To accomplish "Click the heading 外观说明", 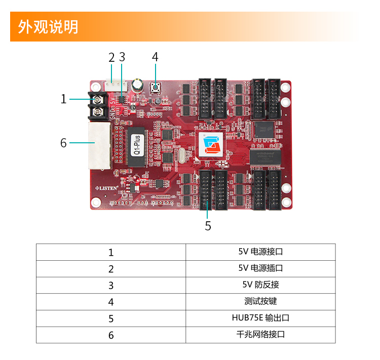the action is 49,27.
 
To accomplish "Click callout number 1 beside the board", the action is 63,99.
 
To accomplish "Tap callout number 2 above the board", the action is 111,57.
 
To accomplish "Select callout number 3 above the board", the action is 122,57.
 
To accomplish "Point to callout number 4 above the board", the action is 155,57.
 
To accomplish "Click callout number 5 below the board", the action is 208,226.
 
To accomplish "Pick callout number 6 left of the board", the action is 63,143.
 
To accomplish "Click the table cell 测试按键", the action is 260,301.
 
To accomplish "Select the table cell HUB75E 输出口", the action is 260,318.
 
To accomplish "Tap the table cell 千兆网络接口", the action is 260,335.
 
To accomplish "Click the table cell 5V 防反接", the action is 260,285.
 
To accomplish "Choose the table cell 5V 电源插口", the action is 260,268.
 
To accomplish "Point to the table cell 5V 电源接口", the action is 260,252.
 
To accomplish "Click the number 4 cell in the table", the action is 111,302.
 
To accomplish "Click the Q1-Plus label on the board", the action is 136,146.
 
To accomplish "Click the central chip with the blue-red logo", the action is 210,145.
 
